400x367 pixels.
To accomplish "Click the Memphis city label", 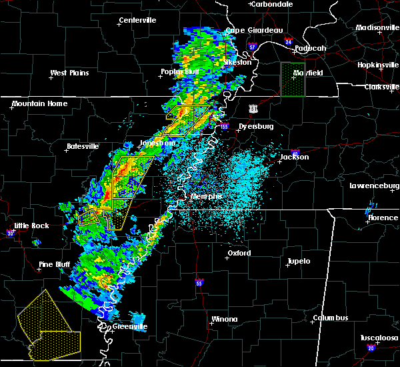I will [206, 196].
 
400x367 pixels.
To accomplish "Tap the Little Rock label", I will [31, 226].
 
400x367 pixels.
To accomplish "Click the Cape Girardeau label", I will [254, 30].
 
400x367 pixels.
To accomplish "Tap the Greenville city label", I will [129, 326].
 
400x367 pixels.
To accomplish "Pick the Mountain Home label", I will [39, 103].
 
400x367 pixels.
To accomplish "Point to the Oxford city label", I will [239, 253].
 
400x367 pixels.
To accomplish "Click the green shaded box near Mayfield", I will [292, 80].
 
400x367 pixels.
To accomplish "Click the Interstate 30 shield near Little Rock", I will [10, 233].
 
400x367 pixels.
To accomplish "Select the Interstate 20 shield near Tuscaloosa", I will [371, 348].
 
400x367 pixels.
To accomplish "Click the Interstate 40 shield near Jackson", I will [295, 153].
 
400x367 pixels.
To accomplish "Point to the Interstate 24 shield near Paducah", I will [288, 41].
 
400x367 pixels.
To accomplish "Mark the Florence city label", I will [383, 218].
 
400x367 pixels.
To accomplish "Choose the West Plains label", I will [69, 73].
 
